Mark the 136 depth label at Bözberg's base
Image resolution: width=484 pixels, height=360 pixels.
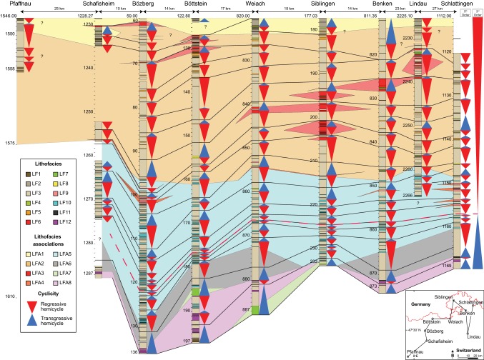pos(133,353)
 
